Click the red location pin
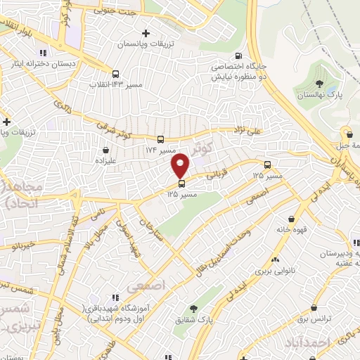pos(181,165)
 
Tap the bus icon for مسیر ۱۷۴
pos(160,139)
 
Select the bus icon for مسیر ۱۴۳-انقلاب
pos(115,73)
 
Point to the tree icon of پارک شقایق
pos(193,308)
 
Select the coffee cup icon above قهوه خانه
pos(292,218)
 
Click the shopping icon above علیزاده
pos(106,149)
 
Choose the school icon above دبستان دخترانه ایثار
pos(42,53)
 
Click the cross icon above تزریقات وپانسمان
pos(146,32)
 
